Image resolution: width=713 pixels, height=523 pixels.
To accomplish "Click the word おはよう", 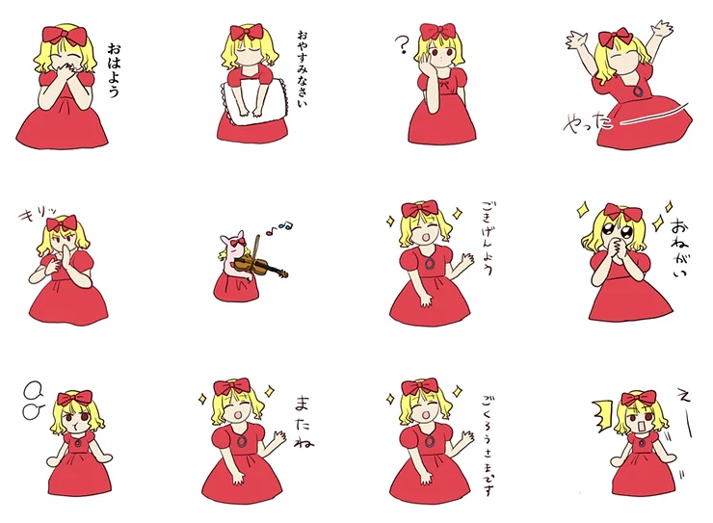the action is [x=114, y=70].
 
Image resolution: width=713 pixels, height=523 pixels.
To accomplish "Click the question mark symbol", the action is [x=402, y=45].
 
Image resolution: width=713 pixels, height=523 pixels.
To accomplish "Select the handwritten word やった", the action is [x=588, y=121].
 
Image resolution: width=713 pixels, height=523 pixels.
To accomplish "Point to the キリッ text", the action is [x=39, y=213].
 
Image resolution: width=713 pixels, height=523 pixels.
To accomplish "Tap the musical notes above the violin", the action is [x=279, y=227].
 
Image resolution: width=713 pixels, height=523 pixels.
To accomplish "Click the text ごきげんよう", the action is [x=487, y=239].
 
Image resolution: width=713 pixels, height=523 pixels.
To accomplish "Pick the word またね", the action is [x=304, y=423].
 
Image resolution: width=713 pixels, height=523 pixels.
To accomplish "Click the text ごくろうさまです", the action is [x=488, y=445].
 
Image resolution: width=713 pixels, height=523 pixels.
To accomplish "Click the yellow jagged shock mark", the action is [x=602, y=415].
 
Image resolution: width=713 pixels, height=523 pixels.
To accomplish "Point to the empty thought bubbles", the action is [x=34, y=400].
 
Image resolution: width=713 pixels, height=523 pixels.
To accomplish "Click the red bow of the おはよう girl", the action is [x=65, y=36].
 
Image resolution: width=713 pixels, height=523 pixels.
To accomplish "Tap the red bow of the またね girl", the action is [x=232, y=387].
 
